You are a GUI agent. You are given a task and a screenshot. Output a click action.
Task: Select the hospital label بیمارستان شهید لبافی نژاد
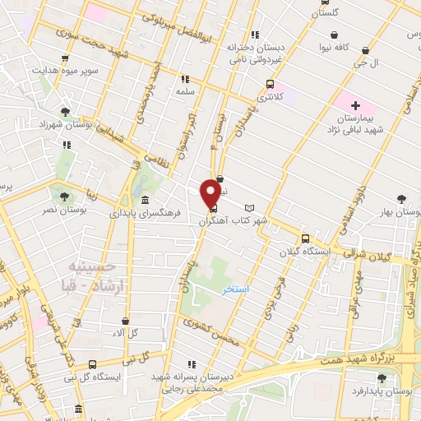[357, 125]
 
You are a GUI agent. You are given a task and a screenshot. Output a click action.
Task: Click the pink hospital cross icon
[355, 105]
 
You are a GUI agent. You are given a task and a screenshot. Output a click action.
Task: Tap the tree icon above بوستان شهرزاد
[65, 111]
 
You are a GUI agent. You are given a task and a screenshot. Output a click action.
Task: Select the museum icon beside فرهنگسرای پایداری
[146, 201]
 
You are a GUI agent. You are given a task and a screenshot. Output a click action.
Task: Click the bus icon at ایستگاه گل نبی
[92, 364]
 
